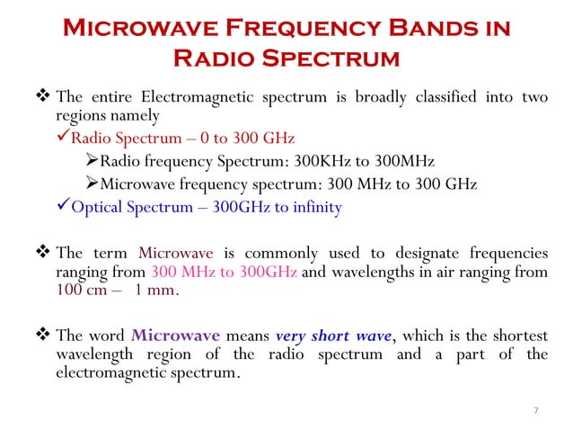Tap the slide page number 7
coord(535,411)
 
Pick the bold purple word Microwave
coord(175,336)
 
